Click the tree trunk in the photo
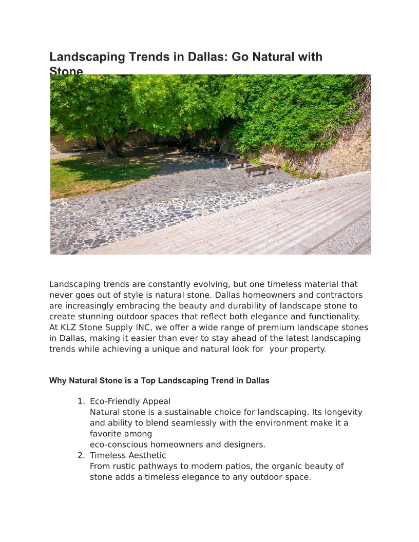point(115,146)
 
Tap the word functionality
point(334,317)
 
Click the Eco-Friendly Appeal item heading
point(130,401)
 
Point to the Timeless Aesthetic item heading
point(128,455)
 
